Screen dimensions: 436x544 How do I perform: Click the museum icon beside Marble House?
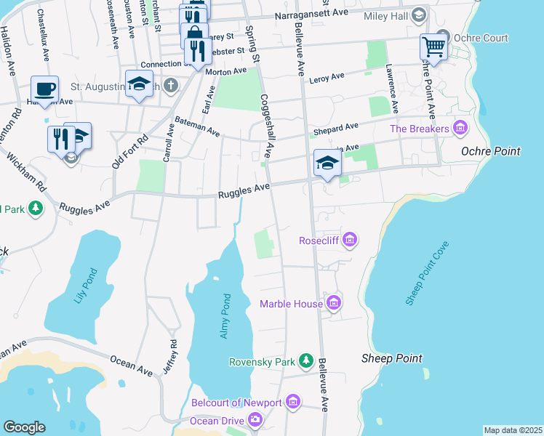334,303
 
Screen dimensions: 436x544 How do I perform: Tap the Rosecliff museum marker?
349,240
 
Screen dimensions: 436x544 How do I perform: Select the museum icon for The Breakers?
459,129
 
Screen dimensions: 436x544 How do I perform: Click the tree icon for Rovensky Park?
307,361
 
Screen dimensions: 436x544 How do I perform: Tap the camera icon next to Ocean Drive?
255,419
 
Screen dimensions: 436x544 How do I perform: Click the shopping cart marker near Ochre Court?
433,47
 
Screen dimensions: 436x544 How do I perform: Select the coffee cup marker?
44,89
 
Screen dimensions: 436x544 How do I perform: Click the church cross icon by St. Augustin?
171,86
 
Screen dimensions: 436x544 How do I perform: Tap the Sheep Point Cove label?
428,273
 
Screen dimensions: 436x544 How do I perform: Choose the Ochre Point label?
491,151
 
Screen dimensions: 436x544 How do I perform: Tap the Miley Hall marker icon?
418,15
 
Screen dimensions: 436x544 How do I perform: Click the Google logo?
24,427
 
